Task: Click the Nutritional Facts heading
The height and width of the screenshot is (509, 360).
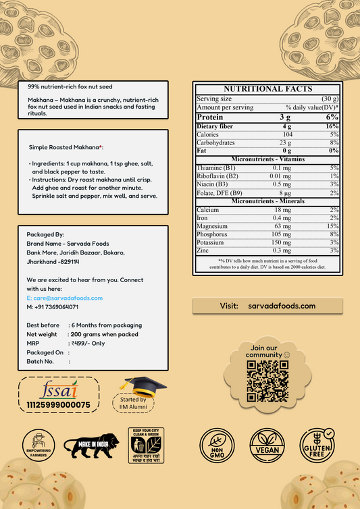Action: pyautogui.click(x=267, y=88)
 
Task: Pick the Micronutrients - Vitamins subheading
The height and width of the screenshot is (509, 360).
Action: pyautogui.click(x=267, y=159)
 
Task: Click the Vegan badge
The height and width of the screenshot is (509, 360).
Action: pyautogui.click(x=267, y=445)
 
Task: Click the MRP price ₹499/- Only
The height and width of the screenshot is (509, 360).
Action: pyautogui.click(x=89, y=343)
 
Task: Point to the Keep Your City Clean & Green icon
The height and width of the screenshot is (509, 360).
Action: pyautogui.click(x=145, y=445)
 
